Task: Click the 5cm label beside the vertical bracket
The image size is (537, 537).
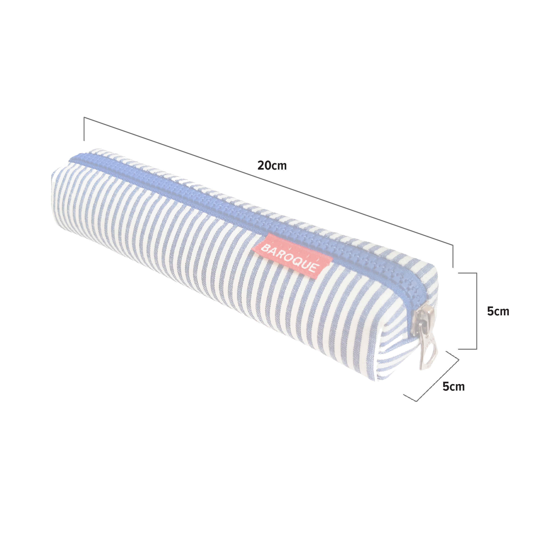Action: pos(498,311)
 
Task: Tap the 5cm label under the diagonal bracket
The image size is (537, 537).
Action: pos(453,387)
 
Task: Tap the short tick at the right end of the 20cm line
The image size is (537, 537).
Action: pos(453,256)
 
